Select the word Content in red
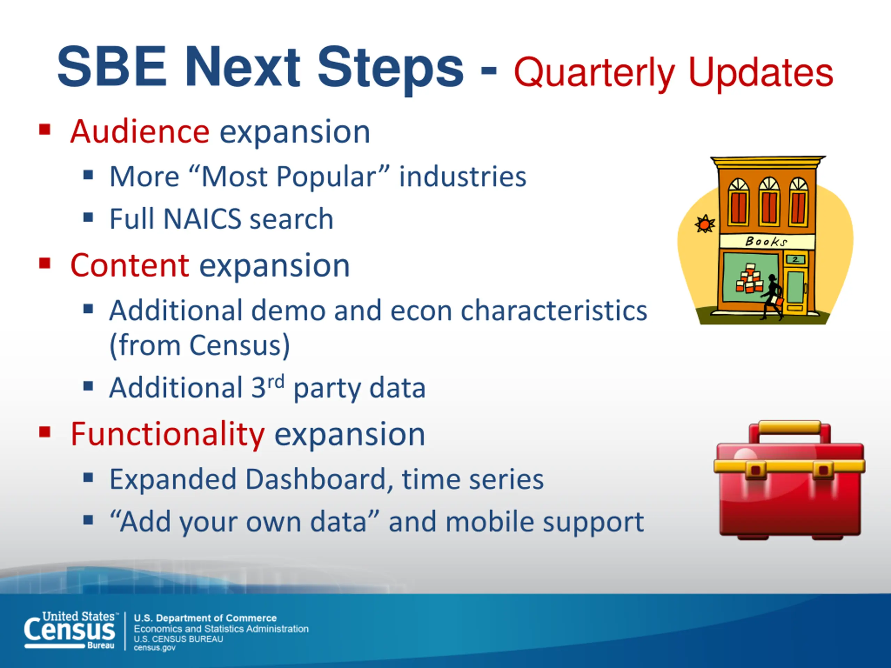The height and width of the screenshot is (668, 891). [130, 266]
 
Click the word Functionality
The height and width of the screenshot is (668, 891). [167, 435]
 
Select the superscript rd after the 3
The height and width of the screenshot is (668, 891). [276, 381]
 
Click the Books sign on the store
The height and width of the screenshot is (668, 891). [766, 241]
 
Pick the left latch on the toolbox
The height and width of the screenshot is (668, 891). [756, 470]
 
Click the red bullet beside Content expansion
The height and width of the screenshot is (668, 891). [45, 264]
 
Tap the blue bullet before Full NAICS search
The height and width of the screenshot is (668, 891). [88, 218]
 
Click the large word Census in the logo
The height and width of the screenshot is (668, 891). [69, 630]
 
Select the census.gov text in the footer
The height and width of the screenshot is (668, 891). [155, 648]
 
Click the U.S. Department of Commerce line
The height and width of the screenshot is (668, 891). [205, 618]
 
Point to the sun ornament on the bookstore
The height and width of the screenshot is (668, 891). [705, 224]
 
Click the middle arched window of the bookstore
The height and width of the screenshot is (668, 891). [769, 201]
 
